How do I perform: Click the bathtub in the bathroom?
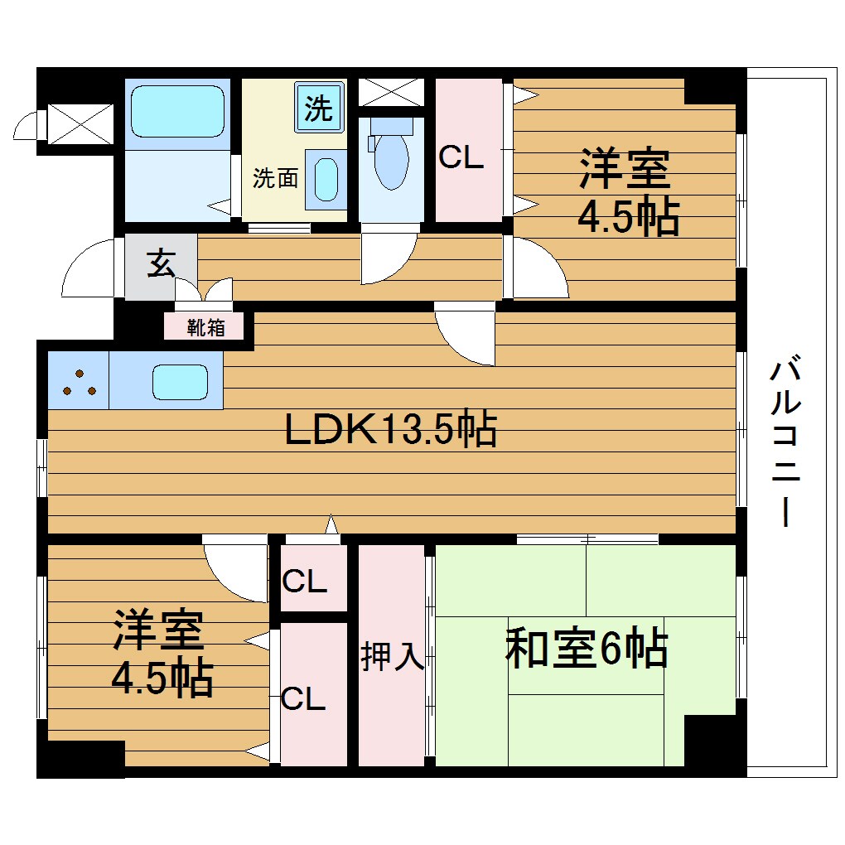(177, 113)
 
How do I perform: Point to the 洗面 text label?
(275, 178)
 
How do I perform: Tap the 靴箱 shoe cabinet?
(206, 327)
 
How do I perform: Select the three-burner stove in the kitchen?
(78, 381)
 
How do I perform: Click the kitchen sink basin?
(179, 382)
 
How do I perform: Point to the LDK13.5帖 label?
(390, 429)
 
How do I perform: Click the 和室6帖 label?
(586, 649)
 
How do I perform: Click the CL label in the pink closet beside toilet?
(461, 157)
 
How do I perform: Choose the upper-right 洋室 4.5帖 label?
(628, 192)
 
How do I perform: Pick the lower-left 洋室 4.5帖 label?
(162, 654)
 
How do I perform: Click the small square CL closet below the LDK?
(304, 582)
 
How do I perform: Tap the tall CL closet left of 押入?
(303, 698)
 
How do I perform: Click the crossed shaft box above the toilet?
(391, 91)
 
